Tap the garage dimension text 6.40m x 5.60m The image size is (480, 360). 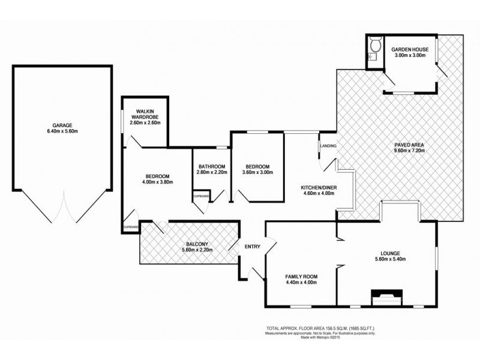pyautogui.click(x=61, y=132)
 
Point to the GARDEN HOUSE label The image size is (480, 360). pyautogui.click(x=409, y=49)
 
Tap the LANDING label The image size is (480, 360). pyautogui.click(x=329, y=146)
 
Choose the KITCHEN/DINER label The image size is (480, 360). pyautogui.click(x=319, y=188)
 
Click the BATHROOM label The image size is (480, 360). pyautogui.click(x=211, y=166)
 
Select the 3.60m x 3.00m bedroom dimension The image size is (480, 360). pyautogui.click(x=256, y=173)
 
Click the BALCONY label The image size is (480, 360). pyautogui.click(x=196, y=244)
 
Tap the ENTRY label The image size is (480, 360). pyautogui.click(x=250, y=245)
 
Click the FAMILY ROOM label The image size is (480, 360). pyautogui.click(x=301, y=277)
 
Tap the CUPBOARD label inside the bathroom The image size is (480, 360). pyautogui.click(x=201, y=196)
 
